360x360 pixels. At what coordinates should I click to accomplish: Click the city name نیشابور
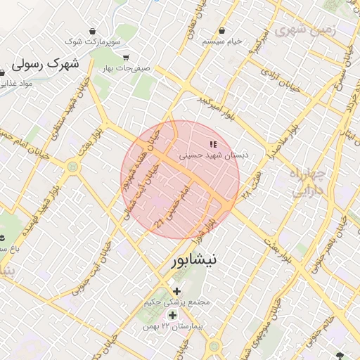click(x=194, y=260)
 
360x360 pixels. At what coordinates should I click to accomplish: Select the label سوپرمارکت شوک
click(x=86, y=42)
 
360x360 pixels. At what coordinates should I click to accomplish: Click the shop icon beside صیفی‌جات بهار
click(x=126, y=58)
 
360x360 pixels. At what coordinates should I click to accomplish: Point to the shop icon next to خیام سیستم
click(x=222, y=30)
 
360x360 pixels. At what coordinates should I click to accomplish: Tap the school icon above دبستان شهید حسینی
click(x=213, y=145)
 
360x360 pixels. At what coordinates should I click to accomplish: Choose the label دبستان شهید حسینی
click(x=218, y=155)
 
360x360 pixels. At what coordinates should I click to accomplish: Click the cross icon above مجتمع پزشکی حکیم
click(x=176, y=291)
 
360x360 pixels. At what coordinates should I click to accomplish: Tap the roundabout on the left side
click(x=72, y=167)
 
